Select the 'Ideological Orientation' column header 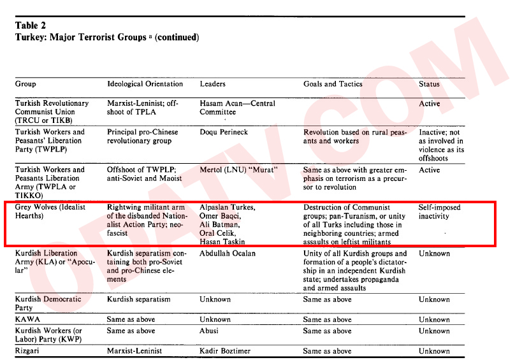point(145,84)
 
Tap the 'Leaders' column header point(213,84)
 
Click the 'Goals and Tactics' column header point(333,84)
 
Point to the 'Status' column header point(429,84)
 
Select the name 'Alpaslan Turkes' point(228,208)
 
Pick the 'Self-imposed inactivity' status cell point(439,212)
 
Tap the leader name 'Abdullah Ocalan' point(228,254)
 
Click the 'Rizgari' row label point(29,351)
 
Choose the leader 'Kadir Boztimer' point(225,351)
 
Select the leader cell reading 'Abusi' point(210,331)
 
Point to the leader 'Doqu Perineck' point(224,132)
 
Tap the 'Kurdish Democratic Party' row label point(48,303)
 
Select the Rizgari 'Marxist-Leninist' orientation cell point(134,351)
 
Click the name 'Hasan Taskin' point(223,241)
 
